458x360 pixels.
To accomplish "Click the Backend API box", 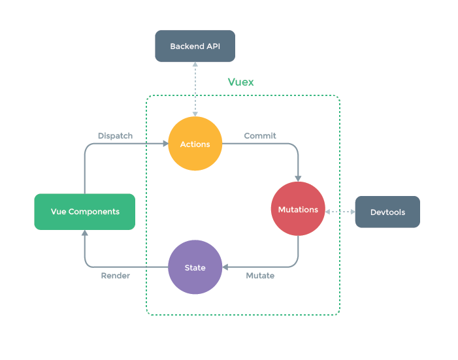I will coord(194,46).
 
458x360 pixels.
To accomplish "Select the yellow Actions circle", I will coord(195,144).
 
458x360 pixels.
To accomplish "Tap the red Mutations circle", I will coord(298,209).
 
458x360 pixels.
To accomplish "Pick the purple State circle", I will coord(195,267).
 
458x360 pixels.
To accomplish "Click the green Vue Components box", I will coord(85,212).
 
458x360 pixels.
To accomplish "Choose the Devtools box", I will coord(387,212).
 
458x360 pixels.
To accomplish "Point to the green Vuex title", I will coord(240,82).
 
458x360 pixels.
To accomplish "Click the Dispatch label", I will coord(115,136).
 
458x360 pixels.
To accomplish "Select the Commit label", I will coord(260,136).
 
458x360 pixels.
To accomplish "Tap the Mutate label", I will coord(260,276).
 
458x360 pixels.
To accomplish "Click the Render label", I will coord(115,276).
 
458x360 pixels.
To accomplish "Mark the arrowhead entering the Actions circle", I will coord(164,144).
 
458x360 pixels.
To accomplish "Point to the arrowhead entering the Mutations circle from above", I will coord(298,178).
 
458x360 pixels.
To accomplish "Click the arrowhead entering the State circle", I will coord(225,267).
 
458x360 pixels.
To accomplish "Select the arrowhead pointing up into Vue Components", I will coord(84,233).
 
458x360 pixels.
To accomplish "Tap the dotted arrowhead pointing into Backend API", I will coord(194,65).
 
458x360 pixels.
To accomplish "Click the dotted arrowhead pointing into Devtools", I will coord(351,212).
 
